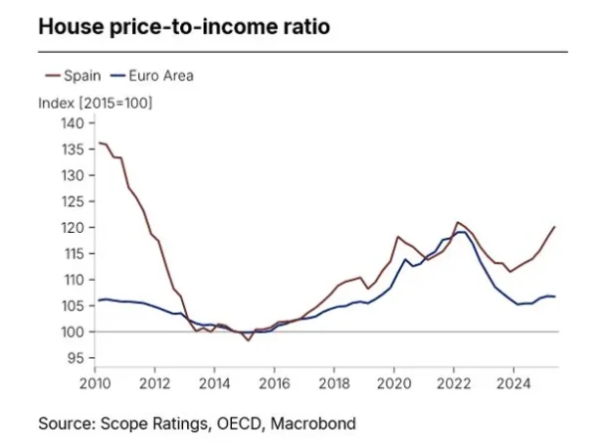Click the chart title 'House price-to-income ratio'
click(x=184, y=26)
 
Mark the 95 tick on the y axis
click(x=72, y=357)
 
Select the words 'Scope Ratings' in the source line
click(x=149, y=423)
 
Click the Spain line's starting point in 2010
click(x=97, y=143)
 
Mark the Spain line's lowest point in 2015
click(x=249, y=340)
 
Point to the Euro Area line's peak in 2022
click(x=460, y=232)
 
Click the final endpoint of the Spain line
click(x=554, y=227)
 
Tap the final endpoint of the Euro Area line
click(x=554, y=297)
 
